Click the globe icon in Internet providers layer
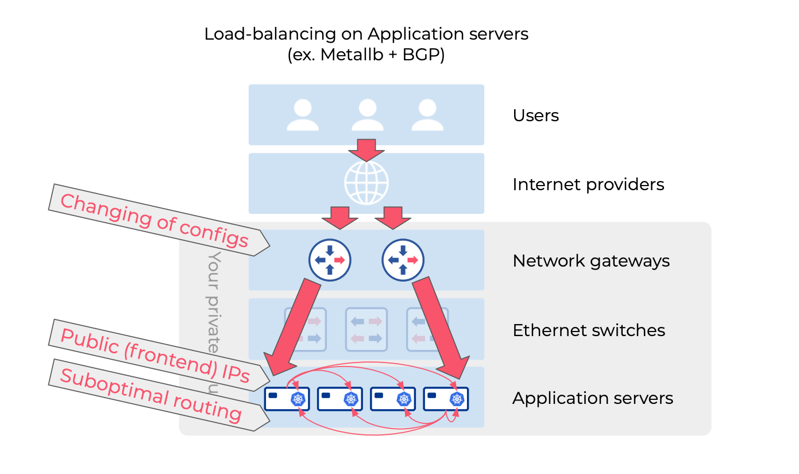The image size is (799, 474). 366,183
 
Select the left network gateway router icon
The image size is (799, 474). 330,260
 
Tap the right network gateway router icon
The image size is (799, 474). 403,260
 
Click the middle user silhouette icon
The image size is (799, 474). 367,115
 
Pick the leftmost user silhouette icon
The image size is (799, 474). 303,115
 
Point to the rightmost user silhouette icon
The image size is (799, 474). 427,115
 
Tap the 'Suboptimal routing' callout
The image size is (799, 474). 151,395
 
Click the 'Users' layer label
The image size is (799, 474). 535,115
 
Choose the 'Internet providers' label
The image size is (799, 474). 588,184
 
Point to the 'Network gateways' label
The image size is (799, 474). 591,261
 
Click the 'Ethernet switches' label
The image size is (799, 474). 589,330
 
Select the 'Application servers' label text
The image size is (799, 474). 592,398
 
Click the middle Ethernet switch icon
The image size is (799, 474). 366,329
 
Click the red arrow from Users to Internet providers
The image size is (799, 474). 366,149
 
